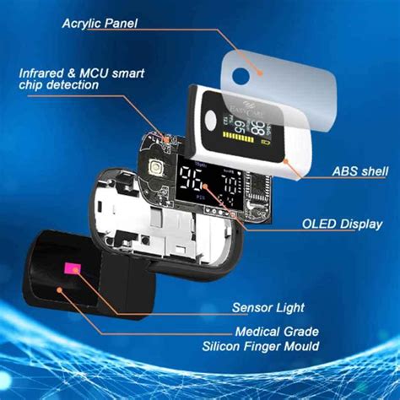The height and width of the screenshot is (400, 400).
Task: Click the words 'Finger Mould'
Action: [291, 345]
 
